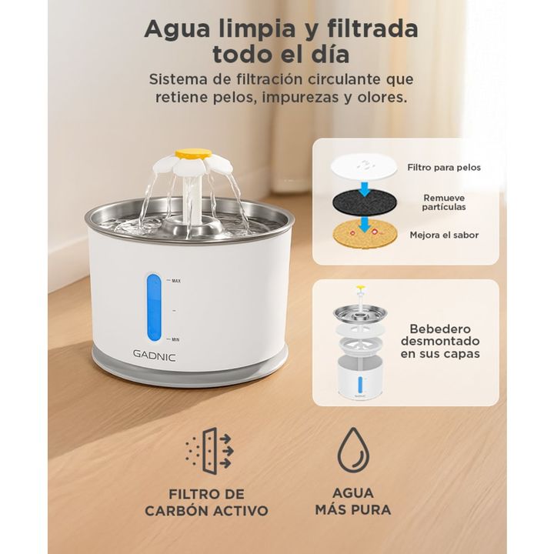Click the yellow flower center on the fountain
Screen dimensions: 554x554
(x=194, y=153)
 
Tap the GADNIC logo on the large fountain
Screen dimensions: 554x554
(x=155, y=355)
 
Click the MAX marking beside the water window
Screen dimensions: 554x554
(x=176, y=281)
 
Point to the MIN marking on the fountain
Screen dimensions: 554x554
(x=175, y=339)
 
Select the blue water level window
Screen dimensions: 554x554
(x=154, y=308)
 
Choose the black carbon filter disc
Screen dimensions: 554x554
(x=364, y=202)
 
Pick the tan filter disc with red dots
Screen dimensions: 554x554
(x=365, y=234)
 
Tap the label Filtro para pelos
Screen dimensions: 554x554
(x=444, y=168)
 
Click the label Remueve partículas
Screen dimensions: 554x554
(x=444, y=202)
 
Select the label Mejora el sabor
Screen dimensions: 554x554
(x=444, y=235)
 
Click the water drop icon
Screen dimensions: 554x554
(x=353, y=450)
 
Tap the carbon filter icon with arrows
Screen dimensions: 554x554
(x=209, y=451)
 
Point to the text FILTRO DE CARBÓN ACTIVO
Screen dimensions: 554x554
(x=206, y=502)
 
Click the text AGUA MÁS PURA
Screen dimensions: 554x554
(x=353, y=502)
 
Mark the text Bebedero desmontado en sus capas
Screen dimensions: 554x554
(x=440, y=342)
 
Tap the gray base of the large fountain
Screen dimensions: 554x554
(x=190, y=369)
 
